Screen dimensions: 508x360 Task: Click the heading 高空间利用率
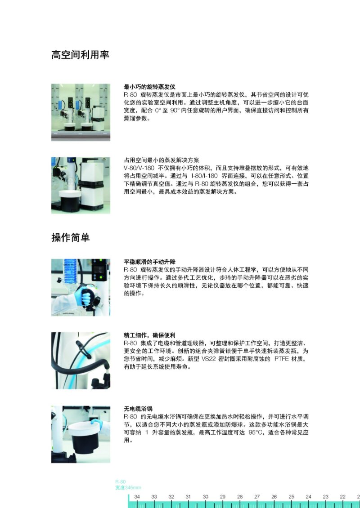coord(80,55)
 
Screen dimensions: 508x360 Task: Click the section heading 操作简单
coord(71,237)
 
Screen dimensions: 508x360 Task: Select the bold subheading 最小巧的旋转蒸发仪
coord(149,86)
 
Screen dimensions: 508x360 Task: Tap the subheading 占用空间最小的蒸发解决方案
coord(161,160)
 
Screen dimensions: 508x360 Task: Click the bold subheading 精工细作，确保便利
coord(149,335)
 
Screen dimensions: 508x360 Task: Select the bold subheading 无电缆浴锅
coord(138,409)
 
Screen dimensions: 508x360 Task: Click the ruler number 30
coord(205,496)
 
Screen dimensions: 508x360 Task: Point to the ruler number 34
coord(137,496)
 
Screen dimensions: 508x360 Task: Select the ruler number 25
coord(291,496)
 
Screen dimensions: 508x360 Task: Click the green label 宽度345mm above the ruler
coord(128,488)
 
